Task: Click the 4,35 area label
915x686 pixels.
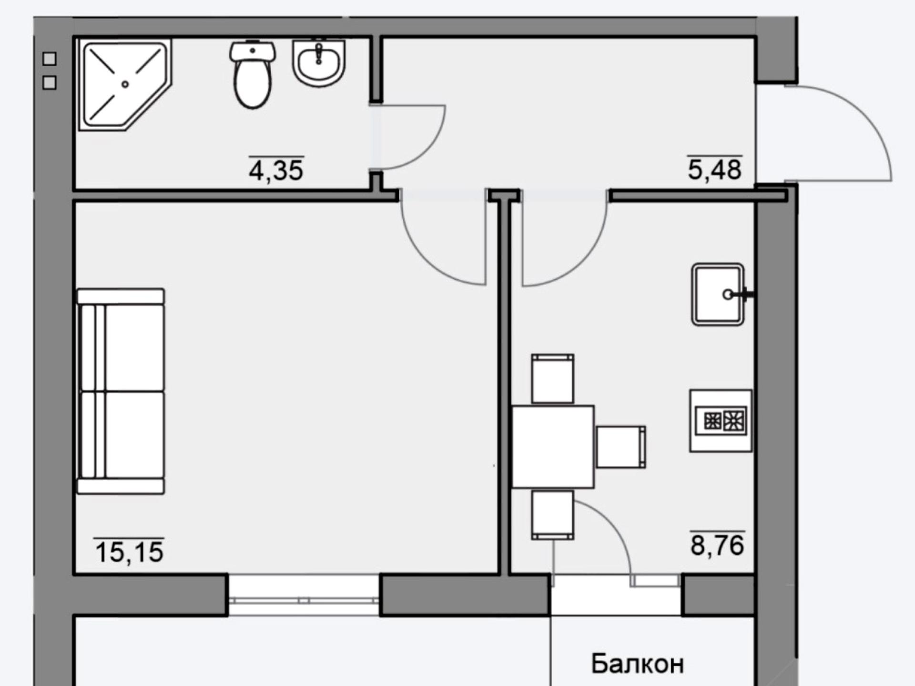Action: point(276,170)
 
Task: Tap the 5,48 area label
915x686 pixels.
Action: point(714,169)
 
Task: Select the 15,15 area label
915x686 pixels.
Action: point(129,552)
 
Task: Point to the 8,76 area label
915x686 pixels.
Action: point(717,545)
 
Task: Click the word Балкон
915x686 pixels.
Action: point(638,663)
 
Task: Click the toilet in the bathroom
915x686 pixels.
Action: point(253,74)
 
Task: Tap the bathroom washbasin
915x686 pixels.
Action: point(319,63)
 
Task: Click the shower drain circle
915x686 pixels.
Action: point(125,84)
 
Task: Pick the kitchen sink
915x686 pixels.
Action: point(718,294)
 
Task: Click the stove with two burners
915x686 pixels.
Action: point(721,421)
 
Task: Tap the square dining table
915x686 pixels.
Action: point(553,447)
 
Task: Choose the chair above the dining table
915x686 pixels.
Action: point(553,379)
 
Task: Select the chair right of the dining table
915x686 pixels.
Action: point(620,447)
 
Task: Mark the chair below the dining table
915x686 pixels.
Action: point(553,515)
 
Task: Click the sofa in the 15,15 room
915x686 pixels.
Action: point(121,391)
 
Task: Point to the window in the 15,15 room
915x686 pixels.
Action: point(304,595)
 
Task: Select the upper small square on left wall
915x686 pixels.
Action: point(50,59)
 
